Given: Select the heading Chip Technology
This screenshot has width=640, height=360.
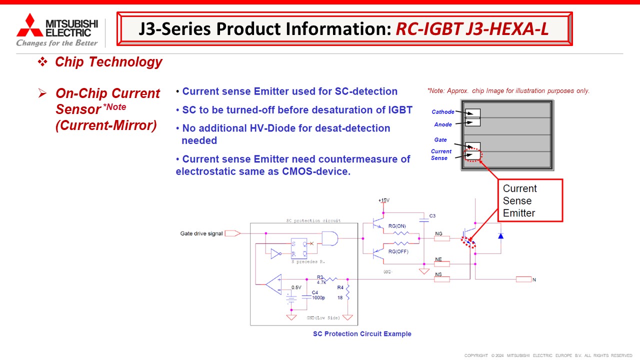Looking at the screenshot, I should (x=108, y=62).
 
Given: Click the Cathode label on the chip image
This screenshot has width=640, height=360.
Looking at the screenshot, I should (x=442, y=112).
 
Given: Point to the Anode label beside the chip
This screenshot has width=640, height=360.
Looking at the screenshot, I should (x=442, y=124).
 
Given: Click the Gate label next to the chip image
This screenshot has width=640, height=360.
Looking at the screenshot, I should (x=440, y=140).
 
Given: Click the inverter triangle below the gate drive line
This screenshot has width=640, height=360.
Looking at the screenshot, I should (x=276, y=254).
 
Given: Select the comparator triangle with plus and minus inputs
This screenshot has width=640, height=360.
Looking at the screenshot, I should (x=273, y=284).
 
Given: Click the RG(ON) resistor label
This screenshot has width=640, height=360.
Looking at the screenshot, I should (x=397, y=226).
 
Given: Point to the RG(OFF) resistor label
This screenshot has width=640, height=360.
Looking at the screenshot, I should (x=398, y=251).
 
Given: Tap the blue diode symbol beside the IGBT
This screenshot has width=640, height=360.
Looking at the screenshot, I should (x=499, y=234).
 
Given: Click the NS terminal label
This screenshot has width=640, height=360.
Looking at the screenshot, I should (x=438, y=274).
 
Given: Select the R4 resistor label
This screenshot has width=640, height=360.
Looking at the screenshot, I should (x=340, y=287).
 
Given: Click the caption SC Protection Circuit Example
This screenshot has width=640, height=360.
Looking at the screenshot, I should (x=362, y=334).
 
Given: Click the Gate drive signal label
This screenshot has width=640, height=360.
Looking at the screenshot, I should (x=201, y=233).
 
